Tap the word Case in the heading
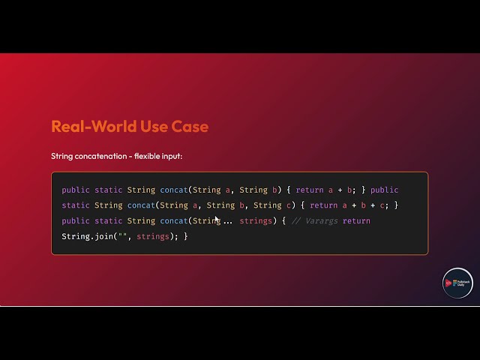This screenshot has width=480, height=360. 190,126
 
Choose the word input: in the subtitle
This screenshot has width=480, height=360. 174,156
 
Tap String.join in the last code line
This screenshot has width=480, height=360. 85,236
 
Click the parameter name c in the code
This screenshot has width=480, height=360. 277,205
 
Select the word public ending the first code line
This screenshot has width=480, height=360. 385,190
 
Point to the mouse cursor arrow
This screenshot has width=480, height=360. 217,220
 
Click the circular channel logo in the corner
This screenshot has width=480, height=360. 457,283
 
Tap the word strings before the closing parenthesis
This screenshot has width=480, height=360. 153,236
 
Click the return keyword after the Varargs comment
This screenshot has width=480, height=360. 356,220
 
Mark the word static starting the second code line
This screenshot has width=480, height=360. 76,205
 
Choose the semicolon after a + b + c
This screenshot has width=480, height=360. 386,205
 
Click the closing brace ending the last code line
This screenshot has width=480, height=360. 185,236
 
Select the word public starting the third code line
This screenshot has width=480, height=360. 76,220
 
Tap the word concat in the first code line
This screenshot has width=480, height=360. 174,190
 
